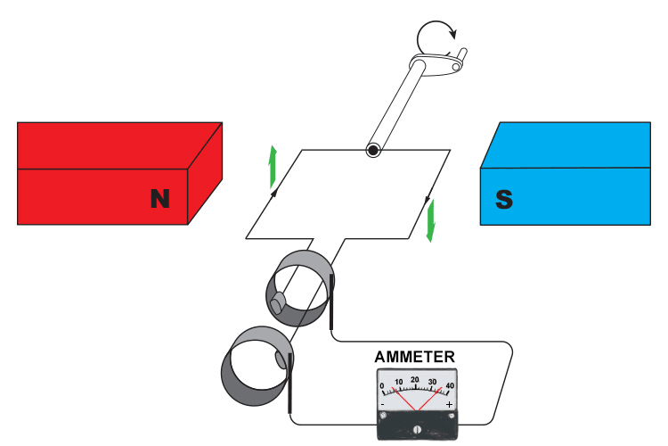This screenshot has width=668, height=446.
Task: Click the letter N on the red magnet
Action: coord(159,198)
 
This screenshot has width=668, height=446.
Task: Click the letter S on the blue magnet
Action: coord(504,198)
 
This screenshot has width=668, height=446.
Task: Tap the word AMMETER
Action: coord(415,357)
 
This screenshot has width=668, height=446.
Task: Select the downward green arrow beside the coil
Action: coord(431,220)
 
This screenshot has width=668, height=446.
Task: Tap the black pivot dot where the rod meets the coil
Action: coord(373,151)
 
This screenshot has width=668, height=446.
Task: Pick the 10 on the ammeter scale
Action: coord(399,383)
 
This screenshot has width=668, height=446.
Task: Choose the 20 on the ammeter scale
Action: coord(415,380)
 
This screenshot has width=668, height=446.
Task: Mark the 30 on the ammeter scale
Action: coord(433,383)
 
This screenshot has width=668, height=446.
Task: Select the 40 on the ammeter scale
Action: coord(449,385)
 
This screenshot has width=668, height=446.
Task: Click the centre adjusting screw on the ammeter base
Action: coord(416,429)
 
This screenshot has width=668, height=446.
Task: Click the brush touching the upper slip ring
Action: coord(332,303)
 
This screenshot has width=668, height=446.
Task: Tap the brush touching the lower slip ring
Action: coord(290,384)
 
